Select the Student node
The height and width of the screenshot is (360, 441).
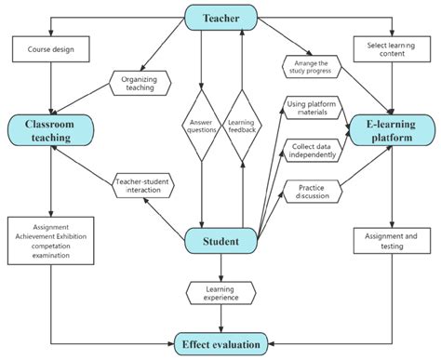(221, 242)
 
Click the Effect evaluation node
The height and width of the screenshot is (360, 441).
(221, 341)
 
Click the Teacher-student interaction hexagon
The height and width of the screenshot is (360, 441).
(143, 185)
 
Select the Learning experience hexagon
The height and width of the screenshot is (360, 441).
(221, 294)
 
